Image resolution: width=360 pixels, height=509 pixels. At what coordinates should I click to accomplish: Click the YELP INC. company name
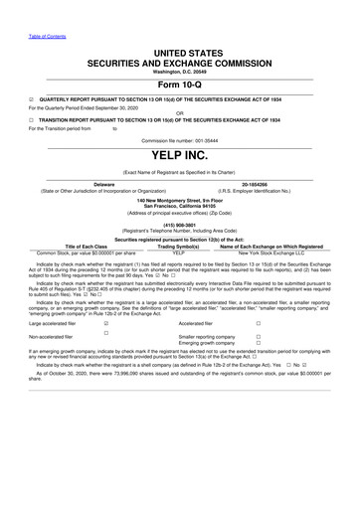tap(180, 155)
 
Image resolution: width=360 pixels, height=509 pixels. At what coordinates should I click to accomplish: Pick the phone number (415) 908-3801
tap(180, 223)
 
